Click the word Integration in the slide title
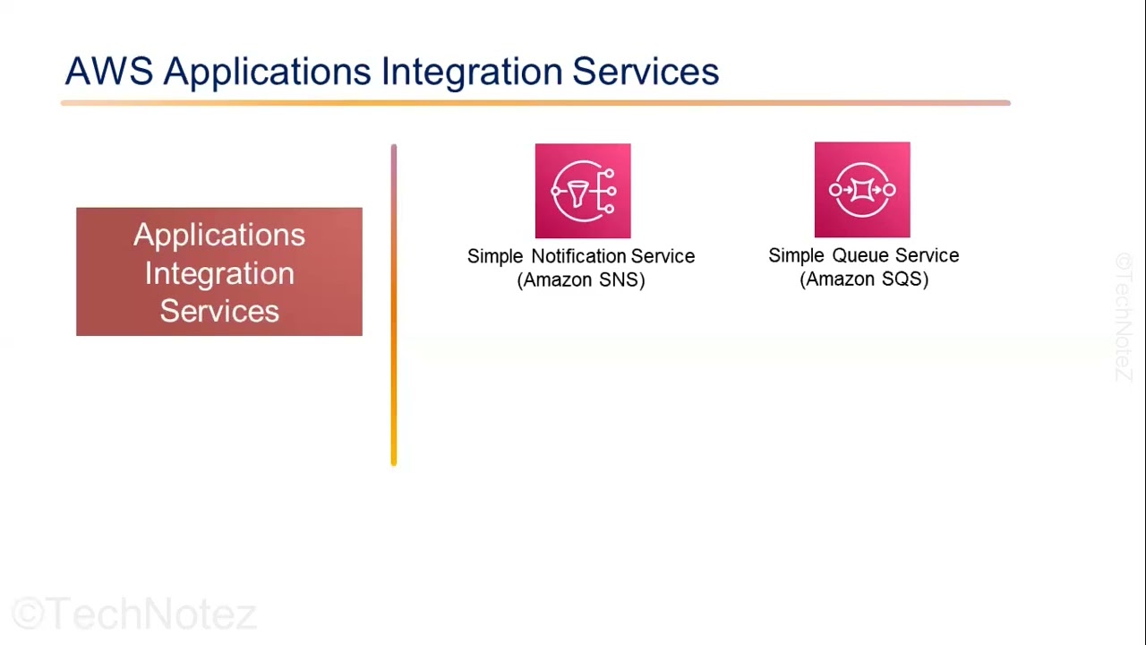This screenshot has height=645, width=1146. (x=472, y=72)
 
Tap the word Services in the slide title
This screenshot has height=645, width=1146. (x=646, y=72)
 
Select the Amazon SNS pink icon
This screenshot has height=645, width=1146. (x=583, y=191)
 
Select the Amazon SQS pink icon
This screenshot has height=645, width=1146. (x=862, y=190)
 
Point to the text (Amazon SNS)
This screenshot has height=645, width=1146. (x=581, y=279)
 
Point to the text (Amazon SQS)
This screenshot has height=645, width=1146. (x=864, y=279)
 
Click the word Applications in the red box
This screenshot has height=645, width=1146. (x=219, y=235)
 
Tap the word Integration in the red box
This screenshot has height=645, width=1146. (x=219, y=273)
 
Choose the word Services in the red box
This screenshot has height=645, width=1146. (x=219, y=311)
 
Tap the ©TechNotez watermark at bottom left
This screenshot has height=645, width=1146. (x=134, y=615)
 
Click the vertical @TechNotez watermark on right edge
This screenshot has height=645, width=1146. (x=1124, y=317)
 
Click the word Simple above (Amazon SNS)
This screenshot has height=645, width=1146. (x=495, y=256)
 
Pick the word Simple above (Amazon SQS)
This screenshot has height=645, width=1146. (x=796, y=255)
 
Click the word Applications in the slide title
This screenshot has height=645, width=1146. (x=267, y=72)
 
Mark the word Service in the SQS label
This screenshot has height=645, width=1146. (x=927, y=255)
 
